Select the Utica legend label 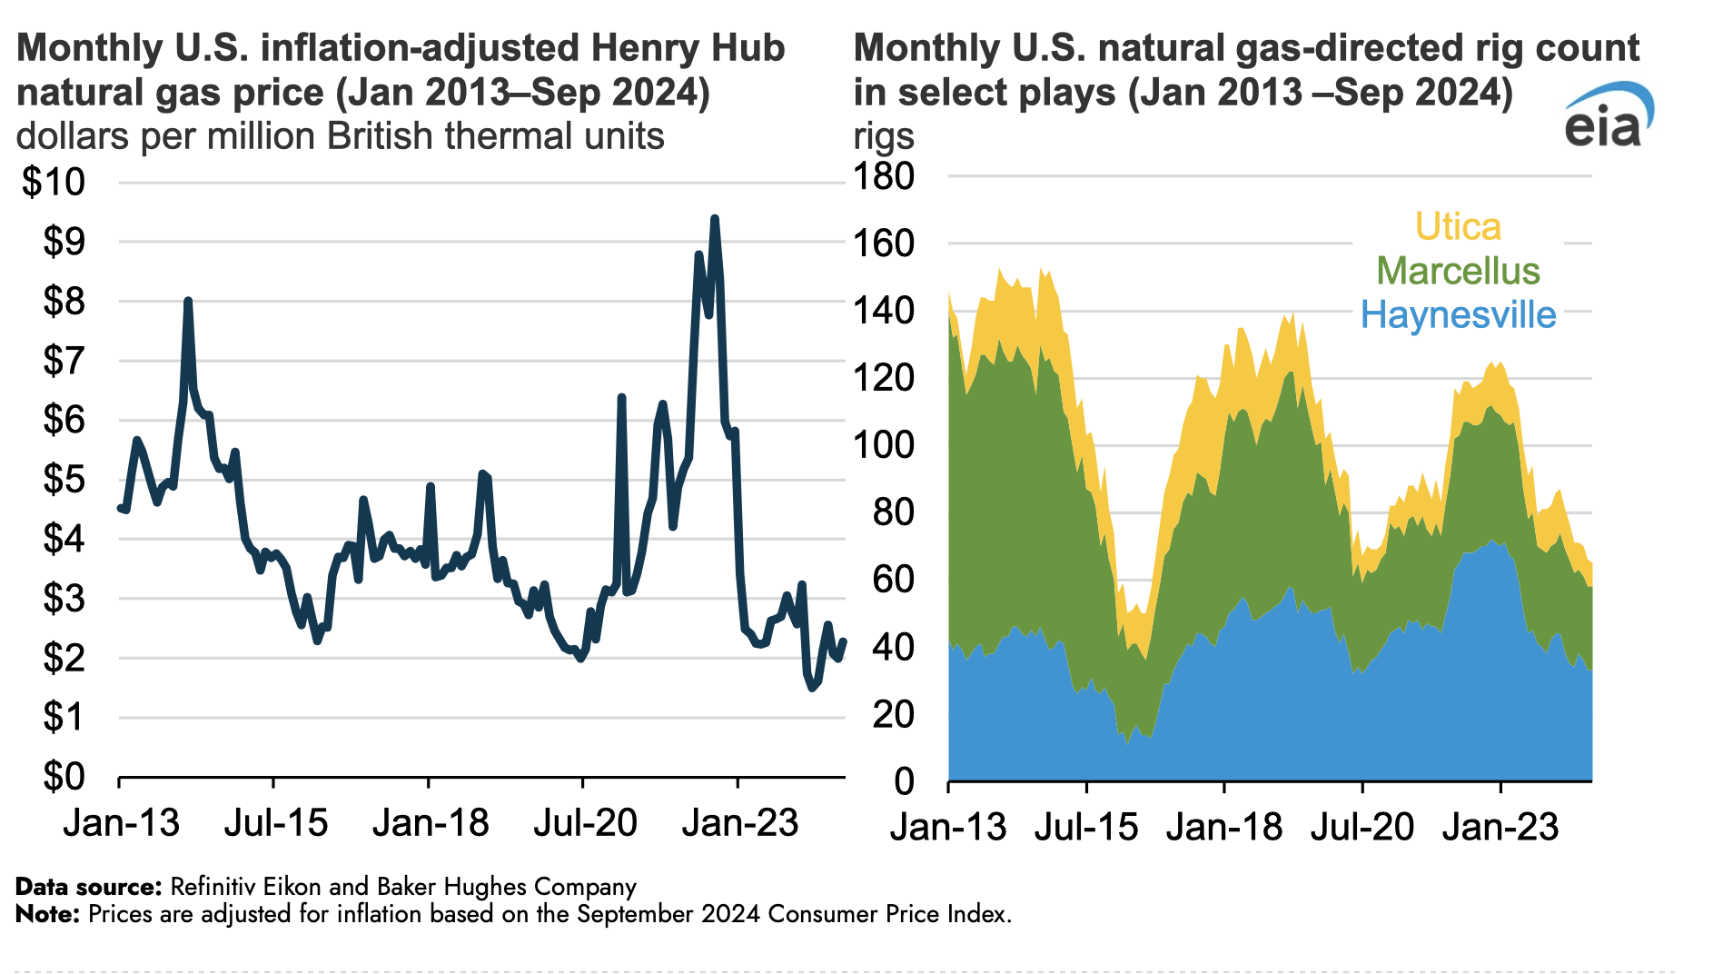click(1458, 227)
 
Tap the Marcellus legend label click(1458, 271)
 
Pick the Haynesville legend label click(1458, 315)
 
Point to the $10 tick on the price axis click(54, 182)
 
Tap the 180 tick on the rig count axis click(884, 176)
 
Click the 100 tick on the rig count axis click(884, 445)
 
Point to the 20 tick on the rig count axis click(893, 715)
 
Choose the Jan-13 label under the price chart click(121, 823)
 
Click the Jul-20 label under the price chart click(584, 823)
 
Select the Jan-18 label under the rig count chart click(1223, 827)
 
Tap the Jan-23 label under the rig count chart click(1500, 827)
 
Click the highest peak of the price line click(715, 219)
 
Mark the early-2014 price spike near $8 click(188, 301)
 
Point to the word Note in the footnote click(47, 914)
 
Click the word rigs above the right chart click(884, 137)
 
